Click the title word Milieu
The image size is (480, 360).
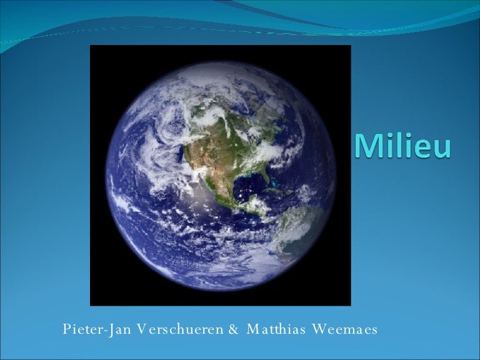coord(402,147)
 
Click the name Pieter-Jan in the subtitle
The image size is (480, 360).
coord(87,329)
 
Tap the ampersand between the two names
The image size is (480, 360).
coord(234,329)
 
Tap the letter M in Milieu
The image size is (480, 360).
coord(369,147)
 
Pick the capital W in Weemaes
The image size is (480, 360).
coord(317,329)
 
